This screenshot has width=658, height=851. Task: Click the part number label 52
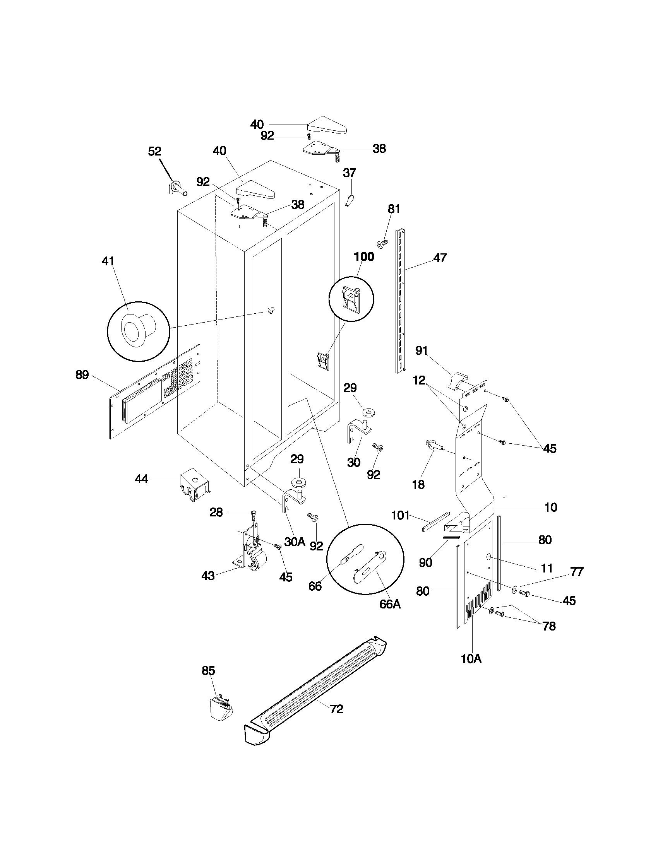pyautogui.click(x=155, y=151)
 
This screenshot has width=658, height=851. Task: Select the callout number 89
pyautogui.click(x=82, y=375)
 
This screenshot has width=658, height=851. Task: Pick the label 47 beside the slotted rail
pyautogui.click(x=440, y=258)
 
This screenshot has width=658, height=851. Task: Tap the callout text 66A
pyautogui.click(x=390, y=604)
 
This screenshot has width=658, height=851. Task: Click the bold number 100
pyautogui.click(x=364, y=257)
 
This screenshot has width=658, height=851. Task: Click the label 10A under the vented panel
pyautogui.click(x=471, y=659)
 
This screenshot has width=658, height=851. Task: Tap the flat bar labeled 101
pyautogui.click(x=436, y=521)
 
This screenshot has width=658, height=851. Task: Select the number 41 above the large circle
pyautogui.click(x=108, y=261)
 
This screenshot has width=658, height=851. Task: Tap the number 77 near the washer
pyautogui.click(x=577, y=572)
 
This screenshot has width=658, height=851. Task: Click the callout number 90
pyautogui.click(x=425, y=563)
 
